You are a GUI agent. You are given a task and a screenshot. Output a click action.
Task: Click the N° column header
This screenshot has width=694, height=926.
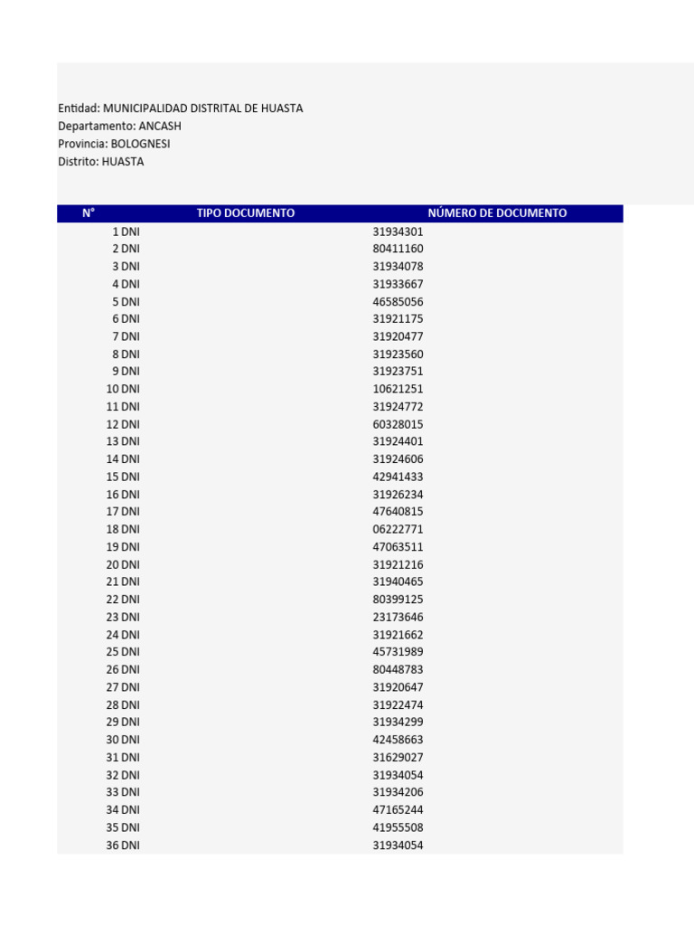tap(89, 213)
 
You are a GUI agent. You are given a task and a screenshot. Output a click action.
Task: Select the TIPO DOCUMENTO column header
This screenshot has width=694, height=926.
tap(246, 213)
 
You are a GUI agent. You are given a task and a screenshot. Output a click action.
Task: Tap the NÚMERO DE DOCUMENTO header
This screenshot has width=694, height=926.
tap(497, 213)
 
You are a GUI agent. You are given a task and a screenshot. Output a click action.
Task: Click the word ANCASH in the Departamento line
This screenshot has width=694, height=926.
tap(160, 126)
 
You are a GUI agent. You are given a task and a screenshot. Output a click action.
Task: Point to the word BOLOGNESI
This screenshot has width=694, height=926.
tap(140, 144)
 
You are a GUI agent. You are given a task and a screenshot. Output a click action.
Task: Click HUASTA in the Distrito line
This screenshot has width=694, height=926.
tap(123, 162)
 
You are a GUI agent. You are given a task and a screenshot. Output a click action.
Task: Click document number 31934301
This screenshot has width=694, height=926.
tap(398, 231)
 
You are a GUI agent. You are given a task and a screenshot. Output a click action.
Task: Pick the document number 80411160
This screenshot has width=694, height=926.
tap(398, 249)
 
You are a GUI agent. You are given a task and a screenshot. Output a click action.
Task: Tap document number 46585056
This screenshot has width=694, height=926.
tap(398, 302)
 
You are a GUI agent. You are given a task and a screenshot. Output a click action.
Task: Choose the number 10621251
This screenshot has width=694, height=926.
tap(398, 389)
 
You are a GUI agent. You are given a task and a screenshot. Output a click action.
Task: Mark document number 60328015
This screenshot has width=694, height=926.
tap(398, 424)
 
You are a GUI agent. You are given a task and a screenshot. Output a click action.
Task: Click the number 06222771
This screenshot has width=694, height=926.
tap(398, 529)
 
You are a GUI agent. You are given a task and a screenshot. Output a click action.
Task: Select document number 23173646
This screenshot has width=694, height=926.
tap(398, 617)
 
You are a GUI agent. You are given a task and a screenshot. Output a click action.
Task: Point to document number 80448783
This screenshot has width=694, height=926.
tap(398, 670)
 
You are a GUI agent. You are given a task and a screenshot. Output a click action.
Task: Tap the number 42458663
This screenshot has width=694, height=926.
tap(398, 740)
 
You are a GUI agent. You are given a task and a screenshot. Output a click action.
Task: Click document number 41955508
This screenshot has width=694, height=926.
tap(398, 827)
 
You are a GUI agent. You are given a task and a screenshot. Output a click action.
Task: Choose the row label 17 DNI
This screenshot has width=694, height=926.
tap(123, 512)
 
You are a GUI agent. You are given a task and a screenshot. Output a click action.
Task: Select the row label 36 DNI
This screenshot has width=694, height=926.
tap(123, 846)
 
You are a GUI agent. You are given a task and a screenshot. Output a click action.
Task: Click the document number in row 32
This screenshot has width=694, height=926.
tap(398, 775)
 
